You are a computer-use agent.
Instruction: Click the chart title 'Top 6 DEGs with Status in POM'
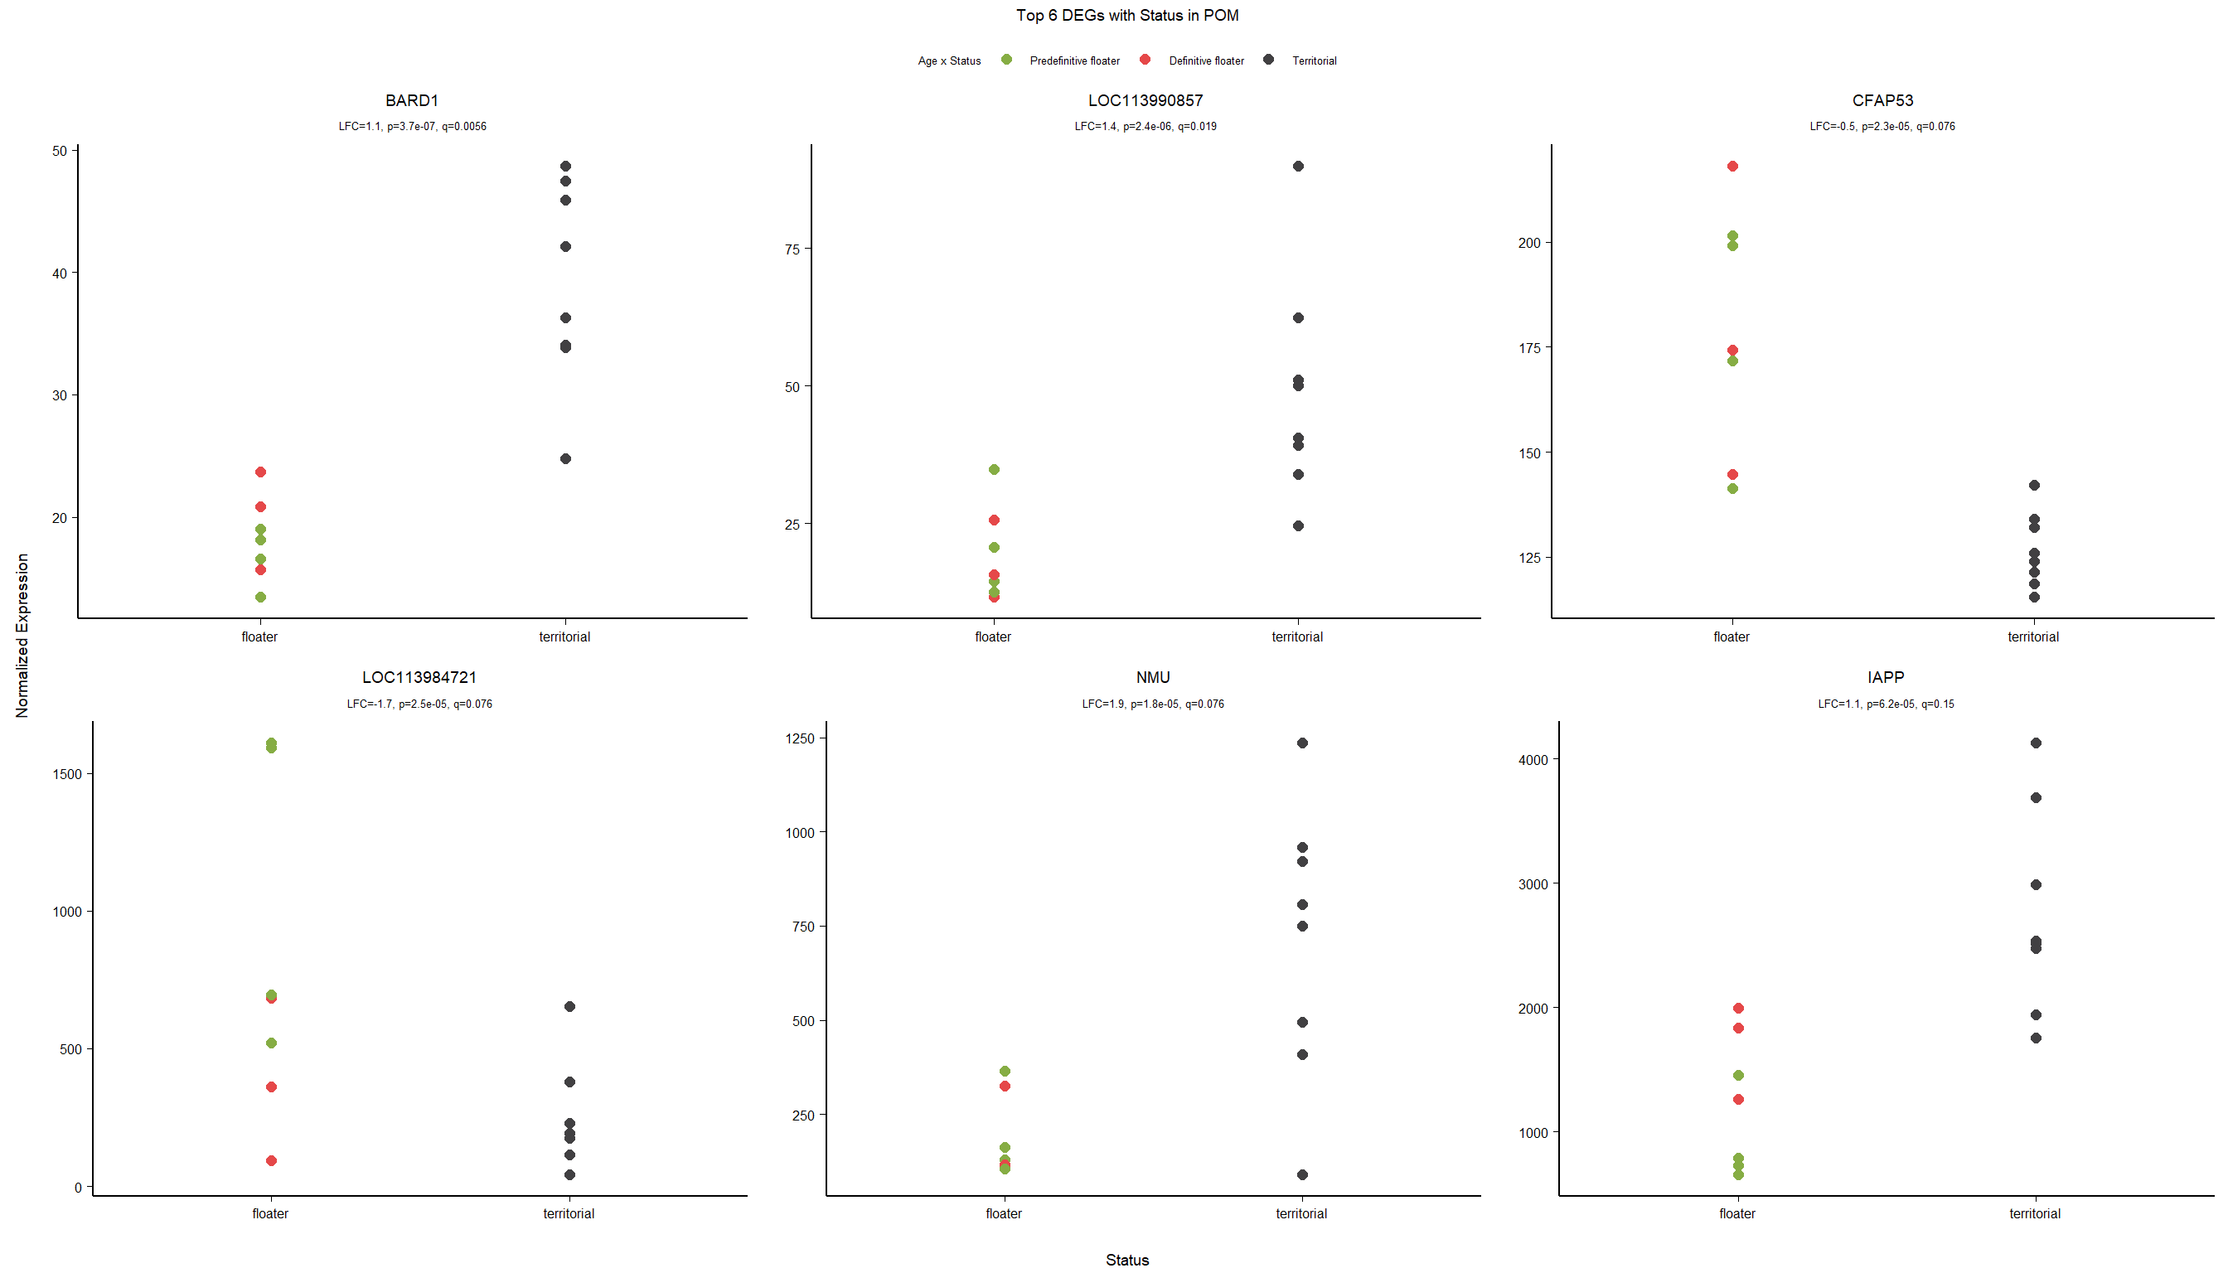pyautogui.click(x=1126, y=16)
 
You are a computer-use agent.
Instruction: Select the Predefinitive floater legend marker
pyautogui.click(x=1006, y=60)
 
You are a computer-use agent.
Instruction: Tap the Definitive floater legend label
pyautogui.click(x=1206, y=61)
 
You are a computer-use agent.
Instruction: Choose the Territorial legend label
pyautogui.click(x=1314, y=61)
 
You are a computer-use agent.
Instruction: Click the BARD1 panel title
pyautogui.click(x=412, y=100)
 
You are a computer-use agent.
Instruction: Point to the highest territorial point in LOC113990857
pyautogui.click(x=1298, y=166)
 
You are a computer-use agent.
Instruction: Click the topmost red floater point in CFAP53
pyautogui.click(x=1732, y=166)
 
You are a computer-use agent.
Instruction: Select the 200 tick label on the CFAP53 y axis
pyautogui.click(x=1529, y=243)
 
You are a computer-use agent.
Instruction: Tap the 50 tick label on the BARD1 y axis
pyautogui.click(x=60, y=152)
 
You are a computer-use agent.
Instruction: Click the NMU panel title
pyautogui.click(x=1152, y=678)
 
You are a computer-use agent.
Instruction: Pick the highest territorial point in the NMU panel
pyautogui.click(x=1302, y=743)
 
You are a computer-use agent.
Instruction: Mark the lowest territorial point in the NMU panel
pyautogui.click(x=1302, y=1174)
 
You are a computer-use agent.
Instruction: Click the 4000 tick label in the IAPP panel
pyautogui.click(x=1533, y=760)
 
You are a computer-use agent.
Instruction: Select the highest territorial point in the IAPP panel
pyautogui.click(x=2036, y=743)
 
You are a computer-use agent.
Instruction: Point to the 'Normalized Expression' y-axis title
pyautogui.click(x=22, y=636)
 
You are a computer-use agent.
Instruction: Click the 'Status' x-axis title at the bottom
pyautogui.click(x=1126, y=1260)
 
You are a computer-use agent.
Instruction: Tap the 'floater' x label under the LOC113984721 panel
pyautogui.click(x=270, y=1213)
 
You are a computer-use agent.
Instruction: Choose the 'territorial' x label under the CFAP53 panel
pyautogui.click(x=2033, y=636)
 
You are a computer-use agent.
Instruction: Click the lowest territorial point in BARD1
pyautogui.click(x=566, y=459)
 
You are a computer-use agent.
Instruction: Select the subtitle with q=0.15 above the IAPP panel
pyautogui.click(x=1885, y=704)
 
